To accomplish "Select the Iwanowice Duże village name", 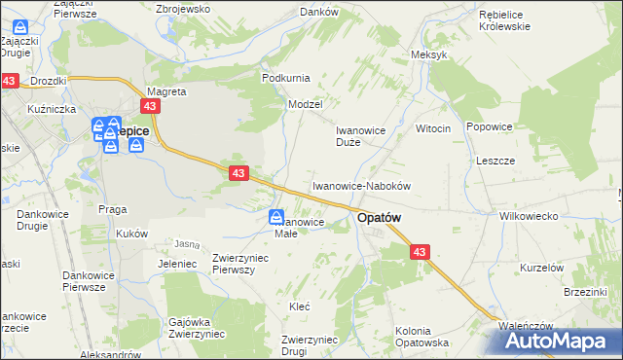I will click(361, 135).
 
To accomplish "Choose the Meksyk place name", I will click(429, 54).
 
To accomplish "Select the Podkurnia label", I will click(285, 77).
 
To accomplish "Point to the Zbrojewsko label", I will click(183, 8).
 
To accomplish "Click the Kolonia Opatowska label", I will click(421, 337).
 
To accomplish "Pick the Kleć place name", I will click(300, 306).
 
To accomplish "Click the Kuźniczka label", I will click(53, 109).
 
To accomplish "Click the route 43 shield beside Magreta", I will click(150, 106).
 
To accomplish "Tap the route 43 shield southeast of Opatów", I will click(420, 251).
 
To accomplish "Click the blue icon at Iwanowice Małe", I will click(276, 218).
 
